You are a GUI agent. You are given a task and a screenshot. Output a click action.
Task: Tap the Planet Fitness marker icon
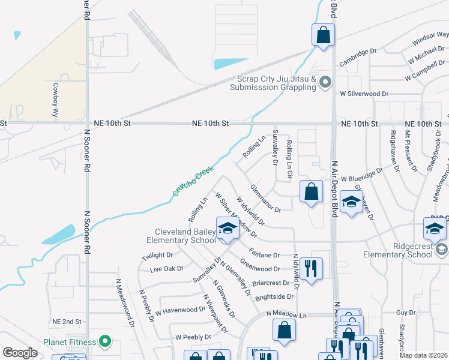click(106, 342)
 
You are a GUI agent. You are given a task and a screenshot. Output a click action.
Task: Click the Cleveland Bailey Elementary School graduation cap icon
click(228, 229)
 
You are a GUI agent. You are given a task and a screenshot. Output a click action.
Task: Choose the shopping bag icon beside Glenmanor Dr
click(311, 193)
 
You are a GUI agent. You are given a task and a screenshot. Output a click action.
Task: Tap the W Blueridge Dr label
click(361, 175)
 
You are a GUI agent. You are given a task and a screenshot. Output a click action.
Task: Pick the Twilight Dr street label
click(157, 256)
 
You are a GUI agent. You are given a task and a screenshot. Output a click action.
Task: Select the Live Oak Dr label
click(167, 269)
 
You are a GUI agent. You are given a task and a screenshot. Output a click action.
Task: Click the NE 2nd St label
click(66, 322)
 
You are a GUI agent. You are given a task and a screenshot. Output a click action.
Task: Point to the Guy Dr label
click(406, 313)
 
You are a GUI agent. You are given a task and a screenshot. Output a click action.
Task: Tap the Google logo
click(20, 353)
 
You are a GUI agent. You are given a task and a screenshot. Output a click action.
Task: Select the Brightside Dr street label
click(274, 296)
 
